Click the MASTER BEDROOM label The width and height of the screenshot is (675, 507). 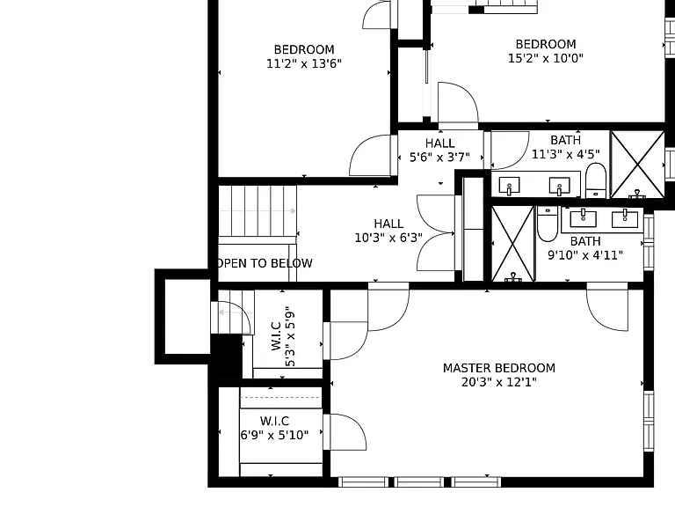[499, 368]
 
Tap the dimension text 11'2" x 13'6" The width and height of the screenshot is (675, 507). [304, 63]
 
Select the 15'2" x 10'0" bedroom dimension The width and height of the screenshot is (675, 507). [546, 58]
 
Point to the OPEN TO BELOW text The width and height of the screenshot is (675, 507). [265, 263]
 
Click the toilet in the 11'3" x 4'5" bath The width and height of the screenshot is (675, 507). [596, 180]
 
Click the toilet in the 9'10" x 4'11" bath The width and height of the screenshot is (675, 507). [548, 224]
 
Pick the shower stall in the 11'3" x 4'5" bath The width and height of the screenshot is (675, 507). [637, 165]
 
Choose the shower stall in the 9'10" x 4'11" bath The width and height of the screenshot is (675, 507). [512, 244]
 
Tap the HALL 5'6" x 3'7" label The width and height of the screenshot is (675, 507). [439, 150]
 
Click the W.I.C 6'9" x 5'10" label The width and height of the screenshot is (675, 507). [274, 428]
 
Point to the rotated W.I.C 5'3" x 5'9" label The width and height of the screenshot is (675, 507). [283, 336]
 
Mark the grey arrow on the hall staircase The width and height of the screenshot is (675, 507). [258, 211]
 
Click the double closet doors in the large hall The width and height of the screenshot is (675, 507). [436, 233]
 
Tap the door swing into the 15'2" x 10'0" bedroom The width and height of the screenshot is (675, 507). [458, 104]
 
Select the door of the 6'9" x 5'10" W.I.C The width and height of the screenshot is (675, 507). [345, 432]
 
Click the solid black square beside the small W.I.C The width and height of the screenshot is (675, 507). [226, 356]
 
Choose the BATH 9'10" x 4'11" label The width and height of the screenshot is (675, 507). [585, 248]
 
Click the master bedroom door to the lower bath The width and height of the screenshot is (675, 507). [607, 307]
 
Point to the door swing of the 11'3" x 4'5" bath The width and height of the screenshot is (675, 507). [510, 150]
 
